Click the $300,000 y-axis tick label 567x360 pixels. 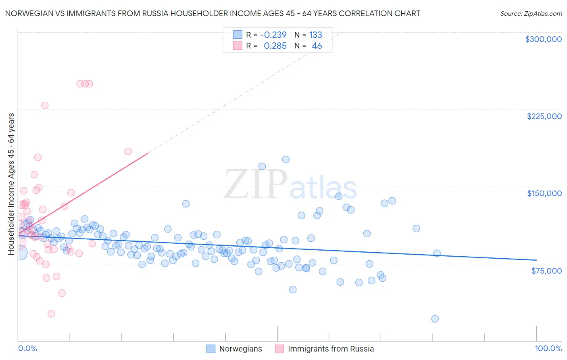543,39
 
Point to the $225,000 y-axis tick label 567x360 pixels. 544,116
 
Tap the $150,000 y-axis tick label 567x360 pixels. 544,193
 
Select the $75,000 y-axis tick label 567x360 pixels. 546,271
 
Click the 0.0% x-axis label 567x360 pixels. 27,348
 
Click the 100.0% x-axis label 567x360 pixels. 548,348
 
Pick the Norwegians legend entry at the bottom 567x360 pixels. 234,349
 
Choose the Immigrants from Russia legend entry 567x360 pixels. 325,349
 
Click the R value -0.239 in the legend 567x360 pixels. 273,35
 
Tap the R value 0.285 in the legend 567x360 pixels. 275,46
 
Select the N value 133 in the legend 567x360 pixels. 315,35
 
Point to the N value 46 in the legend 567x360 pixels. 317,46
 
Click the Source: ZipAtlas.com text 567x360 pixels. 531,13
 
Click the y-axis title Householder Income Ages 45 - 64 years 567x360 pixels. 11,184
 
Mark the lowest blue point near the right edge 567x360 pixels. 435,319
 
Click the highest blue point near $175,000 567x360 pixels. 286,159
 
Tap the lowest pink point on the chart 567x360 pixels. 51,314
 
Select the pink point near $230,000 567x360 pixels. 45,105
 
